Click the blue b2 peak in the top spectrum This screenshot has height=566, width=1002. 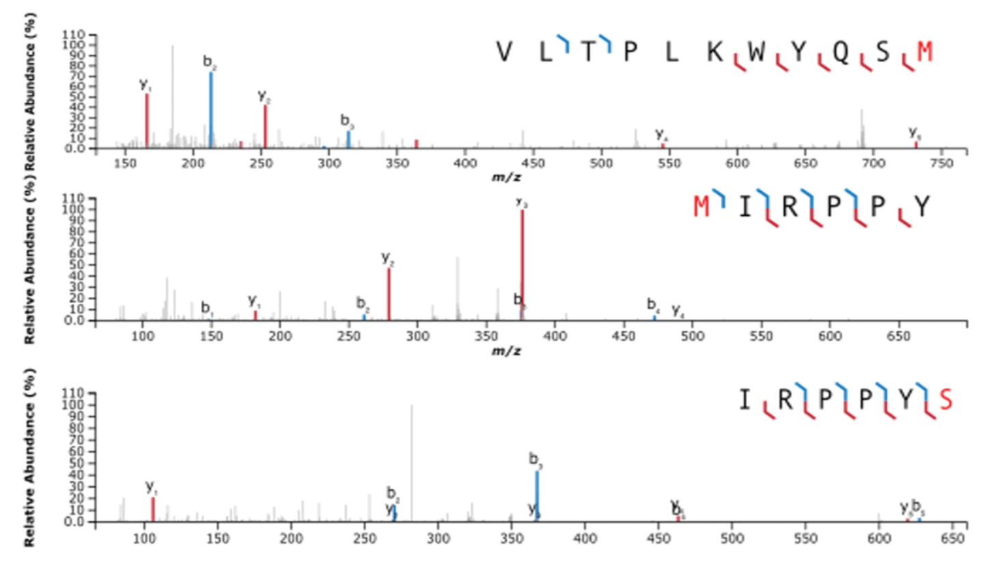click(211, 109)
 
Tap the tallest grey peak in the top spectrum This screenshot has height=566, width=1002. click(173, 96)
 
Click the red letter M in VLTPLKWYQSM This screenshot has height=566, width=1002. click(924, 53)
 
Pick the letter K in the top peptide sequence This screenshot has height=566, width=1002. click(714, 53)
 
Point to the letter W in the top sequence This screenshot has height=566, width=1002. click(756, 53)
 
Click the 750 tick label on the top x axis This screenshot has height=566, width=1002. click(941, 163)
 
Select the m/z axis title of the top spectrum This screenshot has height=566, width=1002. click(506, 178)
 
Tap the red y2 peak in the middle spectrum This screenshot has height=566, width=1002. click(389, 294)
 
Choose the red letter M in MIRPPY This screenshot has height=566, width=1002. click(701, 206)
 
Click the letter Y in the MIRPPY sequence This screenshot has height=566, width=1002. click(921, 206)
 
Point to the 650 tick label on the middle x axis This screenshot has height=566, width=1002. click(898, 336)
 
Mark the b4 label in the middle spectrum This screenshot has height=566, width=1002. click(653, 304)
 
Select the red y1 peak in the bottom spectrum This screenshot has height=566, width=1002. click(153, 509)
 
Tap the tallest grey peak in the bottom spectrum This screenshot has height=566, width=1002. click(412, 464)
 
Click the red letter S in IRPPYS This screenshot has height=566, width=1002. click(945, 399)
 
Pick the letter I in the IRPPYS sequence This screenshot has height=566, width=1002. click(744, 399)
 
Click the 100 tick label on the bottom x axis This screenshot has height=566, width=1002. click(144, 539)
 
